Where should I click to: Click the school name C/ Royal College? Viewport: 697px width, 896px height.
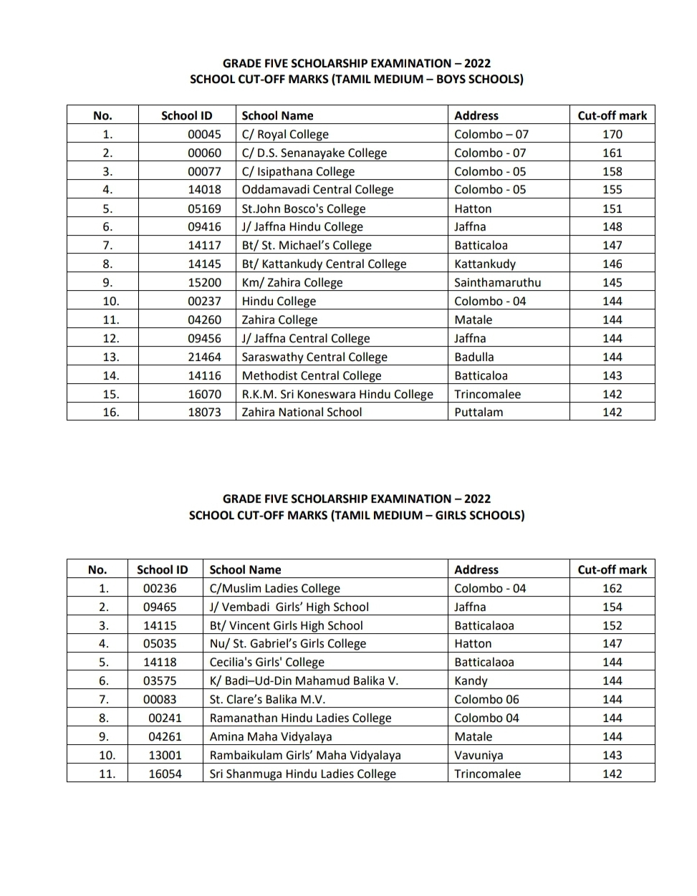pos(285,134)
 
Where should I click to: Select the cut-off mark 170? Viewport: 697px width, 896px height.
pos(612,134)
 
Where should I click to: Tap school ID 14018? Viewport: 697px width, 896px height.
pos(204,189)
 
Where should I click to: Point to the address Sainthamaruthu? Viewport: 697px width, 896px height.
pos(497,282)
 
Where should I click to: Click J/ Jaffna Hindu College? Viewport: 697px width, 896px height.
pos(302,226)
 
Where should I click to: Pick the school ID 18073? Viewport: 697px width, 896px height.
pos(204,412)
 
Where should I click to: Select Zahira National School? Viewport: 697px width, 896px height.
pos(302,412)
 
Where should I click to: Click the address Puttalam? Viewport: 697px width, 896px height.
pos(479,412)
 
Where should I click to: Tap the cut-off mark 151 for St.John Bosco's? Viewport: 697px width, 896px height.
pos(612,208)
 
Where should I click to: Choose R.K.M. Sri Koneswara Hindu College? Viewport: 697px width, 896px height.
pos(337,394)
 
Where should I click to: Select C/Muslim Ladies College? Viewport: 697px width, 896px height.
pos(274,588)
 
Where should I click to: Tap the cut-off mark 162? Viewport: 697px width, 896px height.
pos(612,588)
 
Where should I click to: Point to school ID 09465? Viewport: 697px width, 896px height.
pos(160,607)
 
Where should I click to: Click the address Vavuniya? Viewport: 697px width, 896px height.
pos(479,755)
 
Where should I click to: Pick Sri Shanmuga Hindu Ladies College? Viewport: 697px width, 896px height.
pos(302,774)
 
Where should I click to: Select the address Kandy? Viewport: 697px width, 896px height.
pos(471,680)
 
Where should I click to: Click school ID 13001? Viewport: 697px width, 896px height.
pos(165,755)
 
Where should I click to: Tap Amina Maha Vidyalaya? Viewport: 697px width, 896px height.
pos(270,736)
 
